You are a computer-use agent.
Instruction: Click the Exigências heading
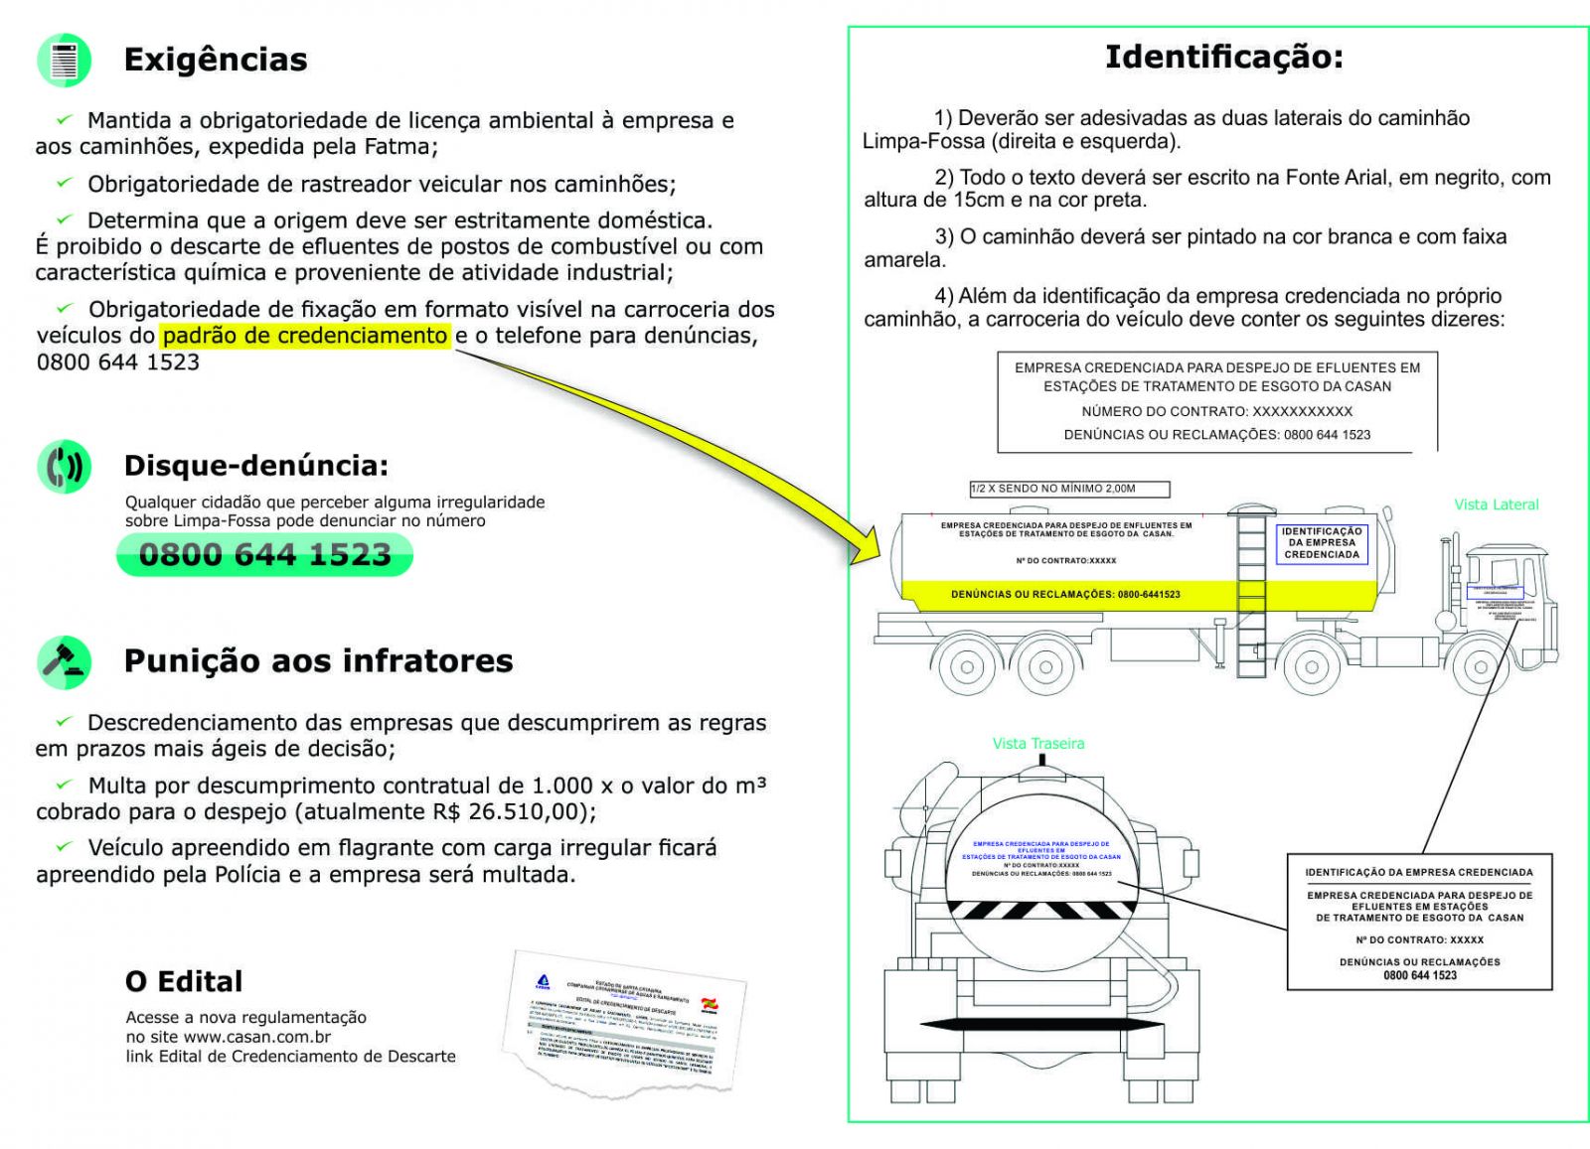pos(216,60)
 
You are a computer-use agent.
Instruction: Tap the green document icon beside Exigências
pos(65,60)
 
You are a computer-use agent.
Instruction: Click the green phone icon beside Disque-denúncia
pos(65,466)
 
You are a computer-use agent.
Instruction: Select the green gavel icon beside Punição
pos(65,661)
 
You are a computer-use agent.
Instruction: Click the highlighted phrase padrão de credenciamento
pos(305,336)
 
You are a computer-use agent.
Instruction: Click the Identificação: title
pos(1223,57)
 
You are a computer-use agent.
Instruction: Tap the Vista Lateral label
pos(1496,504)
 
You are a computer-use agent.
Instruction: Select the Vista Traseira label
pos(1038,744)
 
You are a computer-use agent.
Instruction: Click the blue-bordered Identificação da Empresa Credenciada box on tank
pos(1321,543)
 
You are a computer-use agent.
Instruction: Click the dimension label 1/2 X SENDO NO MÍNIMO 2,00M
pos(1069,489)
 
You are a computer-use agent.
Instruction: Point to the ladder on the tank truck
pos(1251,591)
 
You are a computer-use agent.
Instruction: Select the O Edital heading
pos(184,982)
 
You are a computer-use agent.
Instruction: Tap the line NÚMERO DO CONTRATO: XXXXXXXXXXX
pos(1216,411)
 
